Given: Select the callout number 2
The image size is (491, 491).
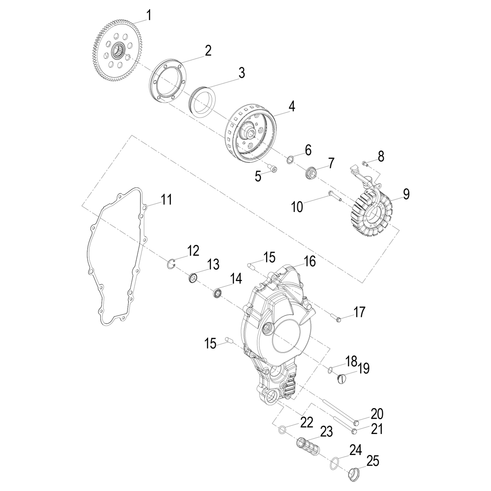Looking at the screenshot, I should (208, 51).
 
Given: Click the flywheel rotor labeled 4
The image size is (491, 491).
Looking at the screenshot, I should (249, 132).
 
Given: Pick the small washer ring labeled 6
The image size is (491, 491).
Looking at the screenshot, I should (291, 160).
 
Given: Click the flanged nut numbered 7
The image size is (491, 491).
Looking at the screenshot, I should (311, 172).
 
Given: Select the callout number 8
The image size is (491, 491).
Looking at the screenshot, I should (381, 156).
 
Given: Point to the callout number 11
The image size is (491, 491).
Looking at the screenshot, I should (166, 200).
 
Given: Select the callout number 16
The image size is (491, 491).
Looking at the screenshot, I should (310, 261).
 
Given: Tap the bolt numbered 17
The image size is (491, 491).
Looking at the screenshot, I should (336, 317).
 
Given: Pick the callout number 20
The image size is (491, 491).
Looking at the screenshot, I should (377, 414).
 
